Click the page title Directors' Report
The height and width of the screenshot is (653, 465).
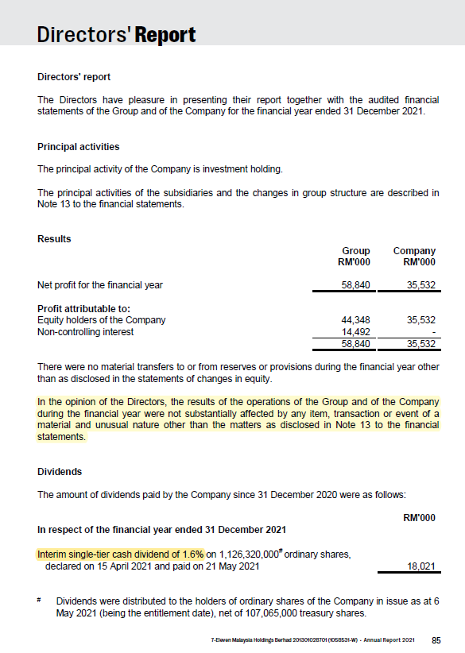tap(116, 35)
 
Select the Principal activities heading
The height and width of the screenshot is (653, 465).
tap(79, 147)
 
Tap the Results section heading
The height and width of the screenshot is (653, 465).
tap(54, 238)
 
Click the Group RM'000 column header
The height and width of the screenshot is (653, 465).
tap(355, 257)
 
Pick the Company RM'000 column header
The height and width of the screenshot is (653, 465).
tap(414, 257)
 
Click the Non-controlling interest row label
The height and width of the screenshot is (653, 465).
tap(86, 332)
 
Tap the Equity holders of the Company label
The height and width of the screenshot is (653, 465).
tap(102, 320)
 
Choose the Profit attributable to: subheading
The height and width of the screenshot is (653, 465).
tap(83, 308)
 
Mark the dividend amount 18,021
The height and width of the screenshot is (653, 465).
tap(420, 566)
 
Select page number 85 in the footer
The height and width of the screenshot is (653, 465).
tap(436, 639)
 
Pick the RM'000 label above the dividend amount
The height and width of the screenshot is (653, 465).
tap(420, 517)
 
